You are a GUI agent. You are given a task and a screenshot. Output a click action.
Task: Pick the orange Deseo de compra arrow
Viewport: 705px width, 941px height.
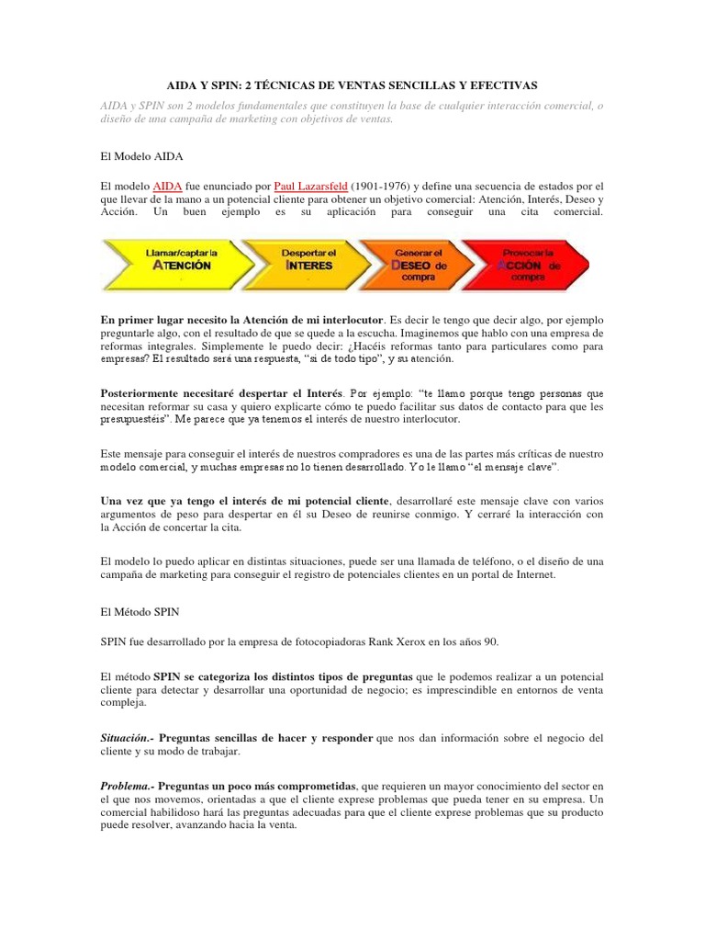(x=418, y=264)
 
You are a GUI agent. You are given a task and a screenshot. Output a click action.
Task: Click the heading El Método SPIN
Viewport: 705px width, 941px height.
(x=143, y=610)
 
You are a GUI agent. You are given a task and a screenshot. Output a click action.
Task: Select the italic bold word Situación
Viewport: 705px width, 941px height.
(x=126, y=738)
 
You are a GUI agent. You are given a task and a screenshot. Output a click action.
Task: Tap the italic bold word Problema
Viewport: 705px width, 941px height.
(x=126, y=786)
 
